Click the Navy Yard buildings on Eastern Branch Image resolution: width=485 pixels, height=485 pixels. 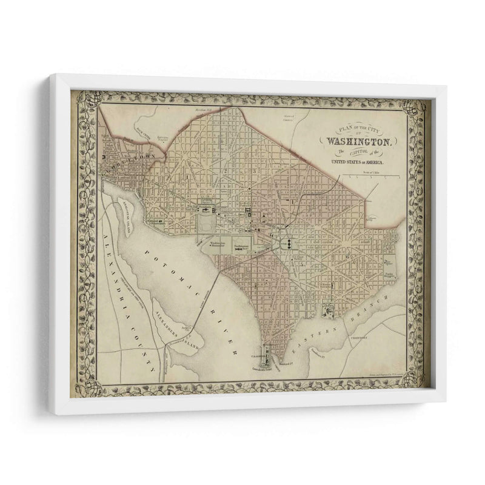pos(330,310)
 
